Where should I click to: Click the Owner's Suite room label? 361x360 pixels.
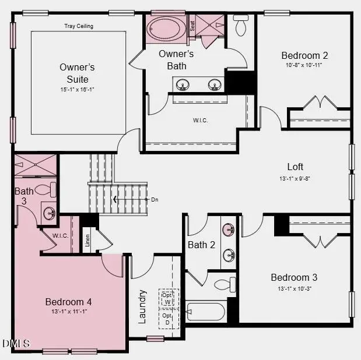click(77, 73)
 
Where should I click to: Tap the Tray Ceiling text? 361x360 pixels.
click(79, 26)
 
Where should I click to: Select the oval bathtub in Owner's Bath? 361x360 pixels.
click(166, 28)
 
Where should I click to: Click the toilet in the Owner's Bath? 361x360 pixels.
click(241, 26)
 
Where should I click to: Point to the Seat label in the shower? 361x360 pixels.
click(192, 26)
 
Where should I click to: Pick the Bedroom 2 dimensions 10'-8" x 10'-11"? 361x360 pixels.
click(304, 65)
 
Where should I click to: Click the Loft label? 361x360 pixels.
click(295, 167)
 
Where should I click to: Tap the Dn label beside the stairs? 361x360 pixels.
click(155, 200)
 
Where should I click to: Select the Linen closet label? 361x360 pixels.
click(88, 241)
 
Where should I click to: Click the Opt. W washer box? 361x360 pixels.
click(168, 298)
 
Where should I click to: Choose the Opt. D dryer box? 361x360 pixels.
click(168, 319)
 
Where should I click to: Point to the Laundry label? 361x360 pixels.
click(142, 306)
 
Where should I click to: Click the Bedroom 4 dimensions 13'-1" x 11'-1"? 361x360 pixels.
click(69, 312)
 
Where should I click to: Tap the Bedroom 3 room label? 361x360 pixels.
click(294, 277)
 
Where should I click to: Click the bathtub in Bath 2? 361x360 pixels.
click(205, 313)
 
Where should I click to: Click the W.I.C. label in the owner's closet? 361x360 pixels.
click(201, 121)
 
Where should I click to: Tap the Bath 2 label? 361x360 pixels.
click(201, 245)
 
